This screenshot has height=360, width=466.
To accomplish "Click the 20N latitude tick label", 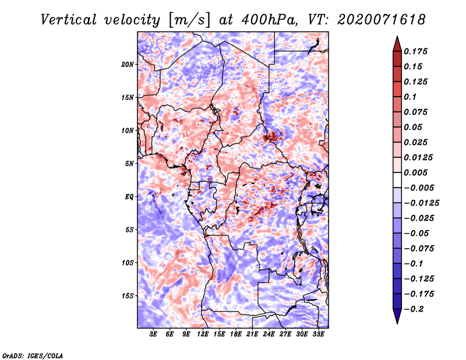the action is point(128,65).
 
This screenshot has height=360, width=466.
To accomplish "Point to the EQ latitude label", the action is point(129,197).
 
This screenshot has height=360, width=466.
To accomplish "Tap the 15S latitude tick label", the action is point(128,296).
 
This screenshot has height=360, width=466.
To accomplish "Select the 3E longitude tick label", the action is point(153,334).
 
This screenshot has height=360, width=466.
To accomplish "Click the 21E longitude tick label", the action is point(252,334).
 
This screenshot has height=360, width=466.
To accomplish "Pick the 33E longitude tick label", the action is point(318,334).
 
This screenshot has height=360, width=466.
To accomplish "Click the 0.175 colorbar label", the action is point(415,51).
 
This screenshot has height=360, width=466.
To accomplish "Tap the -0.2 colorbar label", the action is point(414,309).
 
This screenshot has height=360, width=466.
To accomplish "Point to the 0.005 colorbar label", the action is point(415,172).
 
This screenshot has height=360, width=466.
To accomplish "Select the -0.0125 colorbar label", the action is point(421,203).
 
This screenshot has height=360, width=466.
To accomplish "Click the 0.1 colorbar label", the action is point(410,97).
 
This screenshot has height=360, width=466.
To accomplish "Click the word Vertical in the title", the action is point(69,20).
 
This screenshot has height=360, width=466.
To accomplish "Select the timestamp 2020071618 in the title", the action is point(382,20).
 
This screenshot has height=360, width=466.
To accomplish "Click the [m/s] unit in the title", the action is point(189,20).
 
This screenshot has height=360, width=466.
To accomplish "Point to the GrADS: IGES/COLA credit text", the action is point(33,355).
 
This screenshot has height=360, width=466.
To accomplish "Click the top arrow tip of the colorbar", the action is point(397,36).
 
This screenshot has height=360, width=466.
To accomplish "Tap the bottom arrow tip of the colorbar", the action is point(397,324).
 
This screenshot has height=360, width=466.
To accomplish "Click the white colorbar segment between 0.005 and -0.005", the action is point(397,180).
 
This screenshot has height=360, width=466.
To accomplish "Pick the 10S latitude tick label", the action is point(128,263).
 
